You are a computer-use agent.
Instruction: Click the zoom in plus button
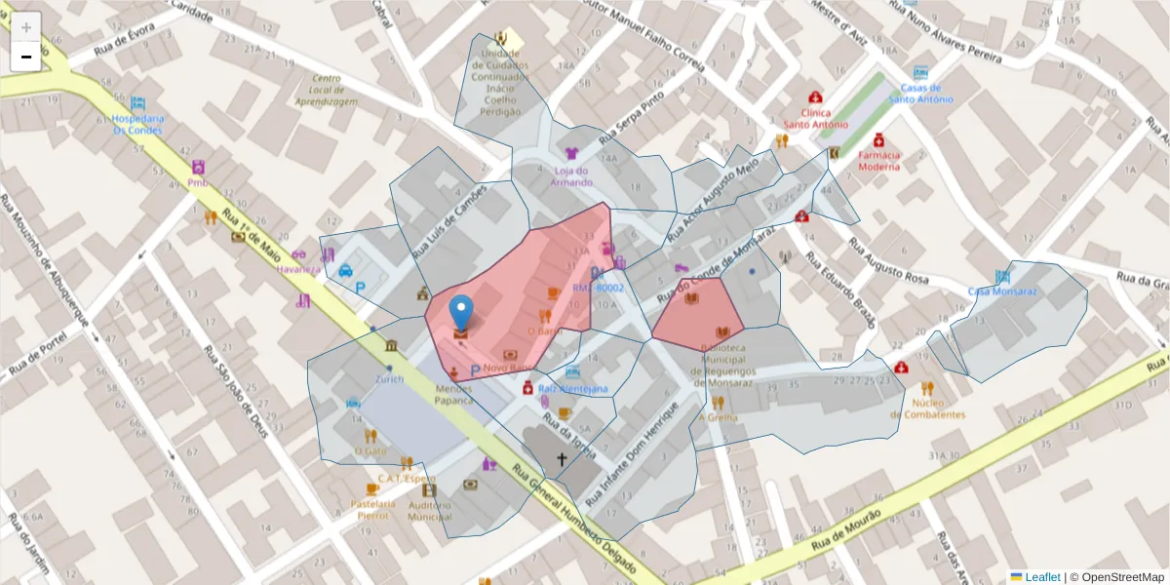coord(26,27)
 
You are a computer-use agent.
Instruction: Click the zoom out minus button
coord(26,57)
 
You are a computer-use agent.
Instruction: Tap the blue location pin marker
coord(462,314)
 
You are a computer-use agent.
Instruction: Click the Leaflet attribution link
coord(1042,577)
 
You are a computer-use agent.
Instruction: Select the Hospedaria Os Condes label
coord(137,124)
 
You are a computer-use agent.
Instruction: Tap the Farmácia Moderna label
coord(879,160)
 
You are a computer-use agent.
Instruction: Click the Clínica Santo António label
coord(815,118)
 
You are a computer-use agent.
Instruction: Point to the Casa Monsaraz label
coord(1002,292)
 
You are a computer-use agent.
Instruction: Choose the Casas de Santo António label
coord(920,93)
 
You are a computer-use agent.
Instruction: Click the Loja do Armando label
coord(571,176)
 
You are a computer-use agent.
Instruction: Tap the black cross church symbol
coord(561,458)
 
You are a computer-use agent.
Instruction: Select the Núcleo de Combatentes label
coord(926,409)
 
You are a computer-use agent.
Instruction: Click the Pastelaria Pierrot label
coord(373,509)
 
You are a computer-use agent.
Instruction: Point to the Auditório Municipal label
coord(429,510)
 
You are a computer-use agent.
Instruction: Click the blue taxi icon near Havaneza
coord(345,271)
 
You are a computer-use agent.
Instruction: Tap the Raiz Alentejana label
coord(572,389)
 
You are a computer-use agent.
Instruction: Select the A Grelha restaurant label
coord(718,418)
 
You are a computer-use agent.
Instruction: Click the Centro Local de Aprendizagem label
coord(326,90)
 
